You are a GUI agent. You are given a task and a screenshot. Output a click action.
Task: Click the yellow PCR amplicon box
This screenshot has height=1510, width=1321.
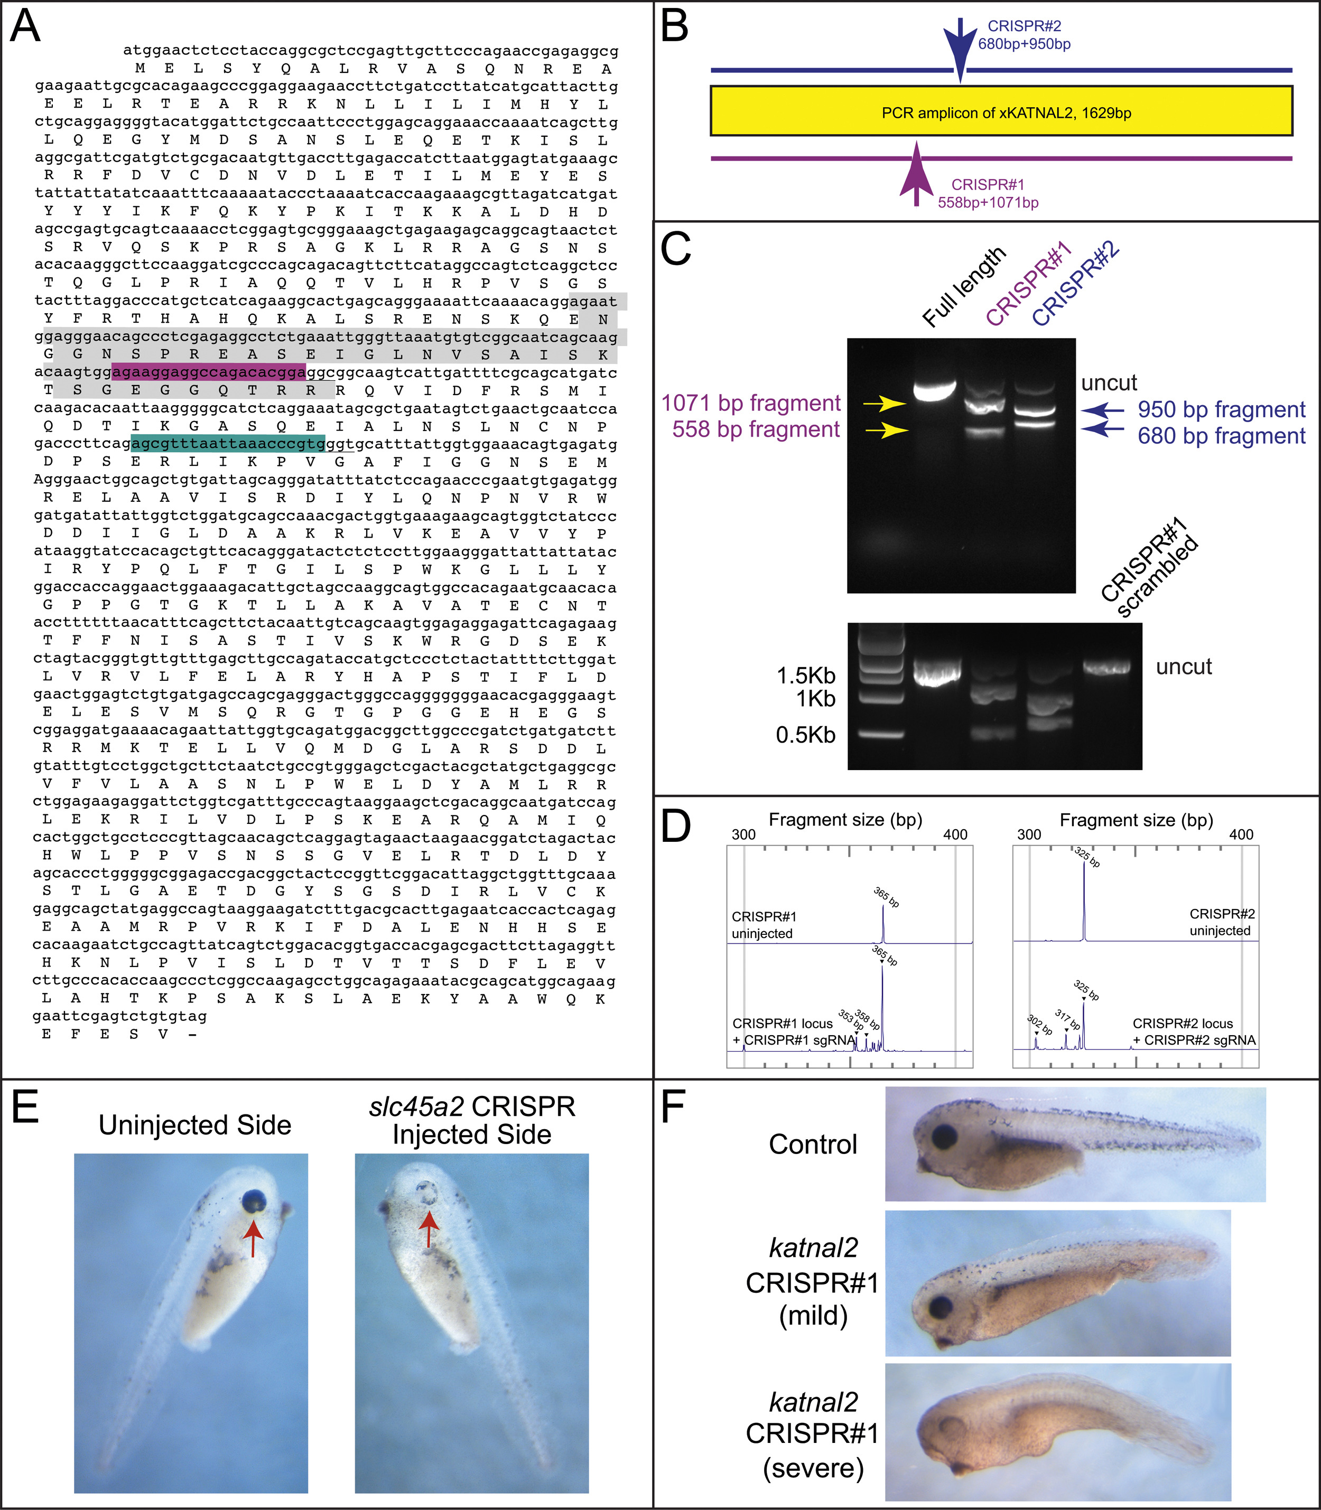[x=1001, y=111]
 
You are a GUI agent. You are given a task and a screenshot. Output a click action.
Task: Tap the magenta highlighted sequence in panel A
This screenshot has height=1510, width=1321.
[x=209, y=372]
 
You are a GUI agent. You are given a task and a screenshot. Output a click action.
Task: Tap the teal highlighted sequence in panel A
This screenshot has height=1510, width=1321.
[x=228, y=444]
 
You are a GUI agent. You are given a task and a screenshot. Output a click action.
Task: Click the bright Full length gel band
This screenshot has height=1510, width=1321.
[x=935, y=389]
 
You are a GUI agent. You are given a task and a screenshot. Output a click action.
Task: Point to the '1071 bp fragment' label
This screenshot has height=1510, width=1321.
[x=750, y=403]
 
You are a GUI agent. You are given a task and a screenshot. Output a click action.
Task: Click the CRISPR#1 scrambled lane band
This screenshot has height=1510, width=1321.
[x=1106, y=667]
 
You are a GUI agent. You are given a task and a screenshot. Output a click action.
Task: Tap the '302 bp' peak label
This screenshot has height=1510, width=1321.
[x=1039, y=1024]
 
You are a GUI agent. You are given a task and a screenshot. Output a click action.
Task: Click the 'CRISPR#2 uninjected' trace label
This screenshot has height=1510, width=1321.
[x=1221, y=922]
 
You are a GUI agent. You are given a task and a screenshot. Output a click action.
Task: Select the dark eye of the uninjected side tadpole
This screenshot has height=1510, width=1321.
[x=255, y=1201]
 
